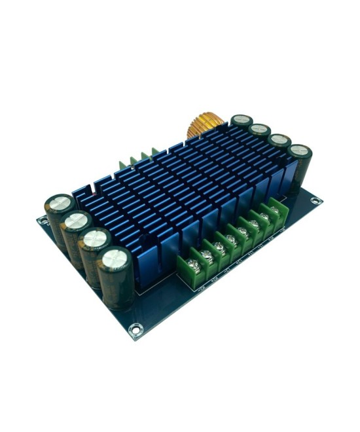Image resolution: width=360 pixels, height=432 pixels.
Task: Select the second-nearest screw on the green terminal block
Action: (x=207, y=255)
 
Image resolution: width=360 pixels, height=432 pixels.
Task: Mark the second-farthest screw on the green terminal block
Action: (x=264, y=215)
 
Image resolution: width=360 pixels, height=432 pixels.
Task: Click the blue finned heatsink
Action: (x=177, y=190)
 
